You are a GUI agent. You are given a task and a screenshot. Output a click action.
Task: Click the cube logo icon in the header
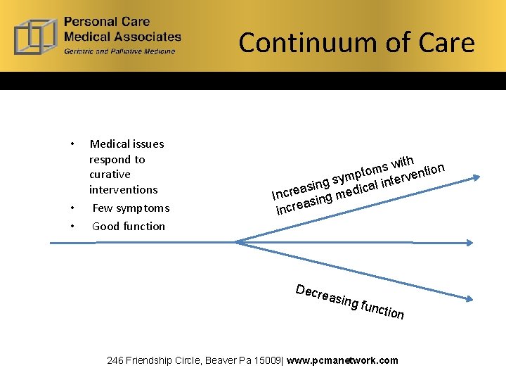[x=36, y=35]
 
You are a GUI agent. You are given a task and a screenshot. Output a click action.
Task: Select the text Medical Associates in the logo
[x=122, y=36]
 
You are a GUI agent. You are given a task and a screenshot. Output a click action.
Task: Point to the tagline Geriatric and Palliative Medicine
[x=119, y=51]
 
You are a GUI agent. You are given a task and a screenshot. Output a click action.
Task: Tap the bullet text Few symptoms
[x=131, y=208]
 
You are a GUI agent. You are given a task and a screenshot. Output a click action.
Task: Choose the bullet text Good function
[x=129, y=227]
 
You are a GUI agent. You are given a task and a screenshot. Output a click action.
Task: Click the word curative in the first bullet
[x=110, y=175]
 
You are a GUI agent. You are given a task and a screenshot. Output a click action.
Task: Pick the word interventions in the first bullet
[x=123, y=190]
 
